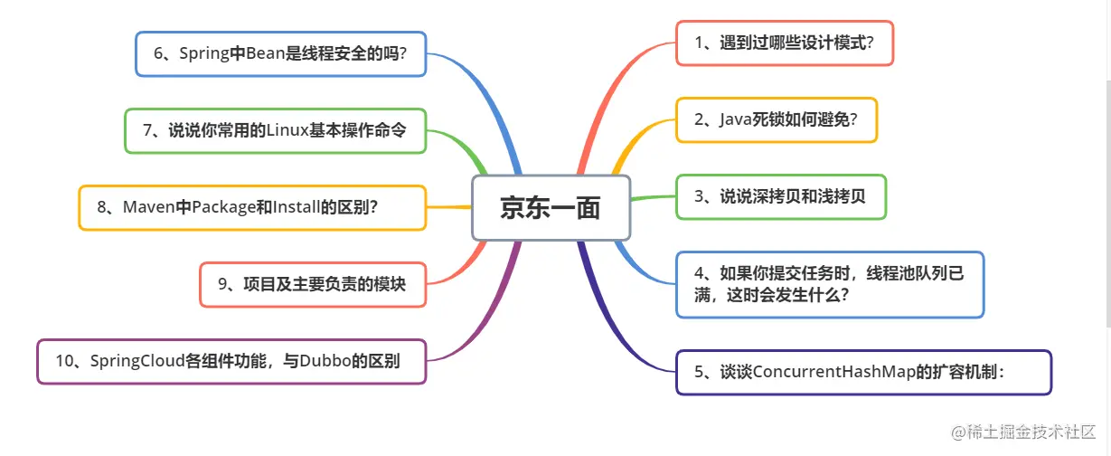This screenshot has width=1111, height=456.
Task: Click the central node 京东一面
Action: [x=550, y=208]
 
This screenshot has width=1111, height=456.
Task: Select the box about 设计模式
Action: [x=784, y=43]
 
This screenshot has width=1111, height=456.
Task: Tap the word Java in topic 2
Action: [x=736, y=119]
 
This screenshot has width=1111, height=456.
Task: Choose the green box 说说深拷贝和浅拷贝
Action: [x=780, y=196]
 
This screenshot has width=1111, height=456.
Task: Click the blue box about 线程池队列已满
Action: [x=829, y=284]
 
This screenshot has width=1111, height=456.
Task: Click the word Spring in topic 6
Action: [x=203, y=53]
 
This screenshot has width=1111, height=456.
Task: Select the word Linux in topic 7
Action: [x=287, y=130]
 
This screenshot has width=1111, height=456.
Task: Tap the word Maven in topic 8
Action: [x=148, y=208]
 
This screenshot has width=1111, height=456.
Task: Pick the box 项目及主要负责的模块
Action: [x=312, y=284]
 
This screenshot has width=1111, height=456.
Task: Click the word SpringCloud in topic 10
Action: [x=136, y=361]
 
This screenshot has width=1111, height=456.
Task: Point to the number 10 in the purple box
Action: [x=63, y=361]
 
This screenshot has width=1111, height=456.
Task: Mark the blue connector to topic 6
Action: [x=493, y=100]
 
